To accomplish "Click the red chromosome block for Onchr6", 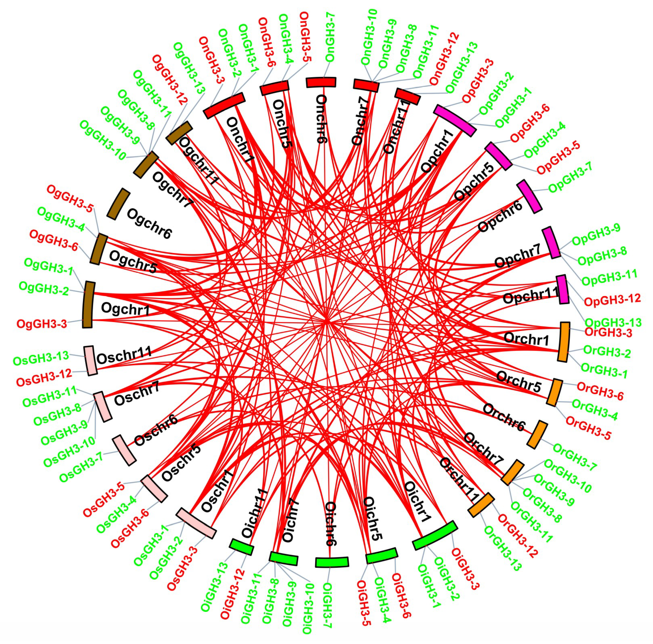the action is coord(321,82).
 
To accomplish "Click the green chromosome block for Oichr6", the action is coord(331,562).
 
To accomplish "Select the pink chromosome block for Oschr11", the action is coord(90,360).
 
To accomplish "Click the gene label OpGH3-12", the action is coord(612,300).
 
